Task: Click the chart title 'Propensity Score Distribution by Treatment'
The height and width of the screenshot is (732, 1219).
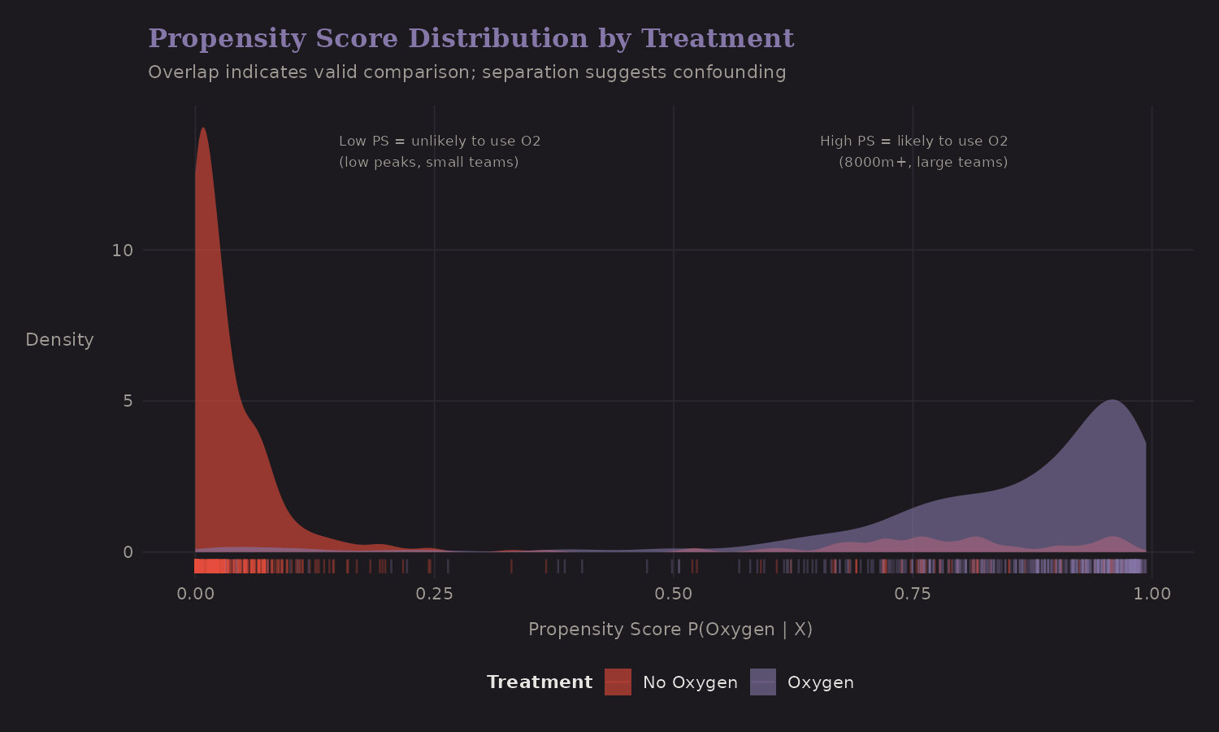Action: pyautogui.click(x=471, y=38)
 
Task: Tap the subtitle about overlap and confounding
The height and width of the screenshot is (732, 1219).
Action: pyautogui.click(x=466, y=72)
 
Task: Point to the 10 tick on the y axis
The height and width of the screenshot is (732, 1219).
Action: pyautogui.click(x=122, y=251)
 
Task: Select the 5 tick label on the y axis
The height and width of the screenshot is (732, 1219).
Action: pyautogui.click(x=127, y=402)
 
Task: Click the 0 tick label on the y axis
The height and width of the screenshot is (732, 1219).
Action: pyautogui.click(x=127, y=553)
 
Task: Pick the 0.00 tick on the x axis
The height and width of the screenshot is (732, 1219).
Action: pyautogui.click(x=195, y=594)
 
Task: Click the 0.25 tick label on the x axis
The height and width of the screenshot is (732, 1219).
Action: pyautogui.click(x=434, y=594)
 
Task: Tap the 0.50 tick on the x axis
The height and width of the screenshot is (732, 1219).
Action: pyautogui.click(x=673, y=594)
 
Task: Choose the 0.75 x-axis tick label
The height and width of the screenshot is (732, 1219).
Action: pyautogui.click(x=912, y=594)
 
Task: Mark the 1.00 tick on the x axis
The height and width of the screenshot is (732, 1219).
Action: pyautogui.click(x=1152, y=594)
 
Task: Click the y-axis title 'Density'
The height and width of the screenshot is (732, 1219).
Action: pyautogui.click(x=59, y=340)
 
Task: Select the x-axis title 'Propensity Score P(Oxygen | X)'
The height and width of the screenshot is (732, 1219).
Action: pyautogui.click(x=670, y=630)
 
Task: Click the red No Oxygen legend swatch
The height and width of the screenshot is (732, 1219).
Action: pyautogui.click(x=618, y=682)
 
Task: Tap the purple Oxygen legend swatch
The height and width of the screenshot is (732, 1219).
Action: pyautogui.click(x=762, y=682)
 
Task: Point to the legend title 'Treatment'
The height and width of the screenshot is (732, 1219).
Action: pyautogui.click(x=540, y=682)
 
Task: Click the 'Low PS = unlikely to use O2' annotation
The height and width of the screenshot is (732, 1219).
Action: pyautogui.click(x=440, y=142)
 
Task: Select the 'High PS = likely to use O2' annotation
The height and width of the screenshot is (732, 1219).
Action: pyautogui.click(x=913, y=142)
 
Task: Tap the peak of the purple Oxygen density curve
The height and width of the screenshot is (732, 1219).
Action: pyautogui.click(x=1113, y=401)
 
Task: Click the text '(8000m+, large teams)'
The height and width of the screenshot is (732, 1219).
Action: pyautogui.click(x=923, y=163)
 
